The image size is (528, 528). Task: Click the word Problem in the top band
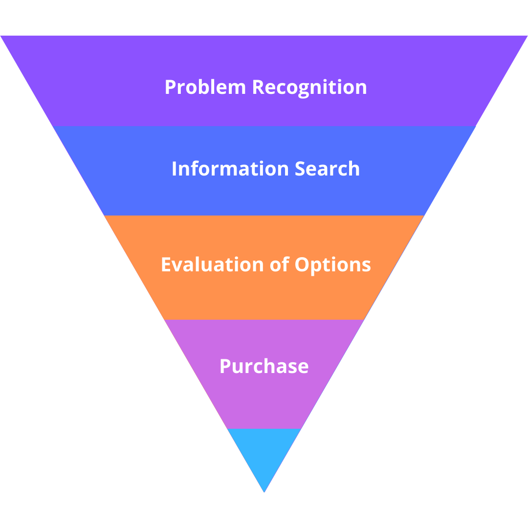[x=205, y=88]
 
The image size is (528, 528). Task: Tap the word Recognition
[x=309, y=88]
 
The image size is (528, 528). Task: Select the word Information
[x=230, y=169]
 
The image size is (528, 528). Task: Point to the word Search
[x=327, y=169]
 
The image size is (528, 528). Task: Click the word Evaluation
[x=212, y=264]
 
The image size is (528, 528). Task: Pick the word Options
[x=332, y=264]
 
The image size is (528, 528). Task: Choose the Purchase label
[x=264, y=366]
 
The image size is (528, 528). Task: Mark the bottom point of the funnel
[x=264, y=491]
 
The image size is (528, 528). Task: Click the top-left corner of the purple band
[x=1, y=37]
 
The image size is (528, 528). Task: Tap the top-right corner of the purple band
[x=527, y=37]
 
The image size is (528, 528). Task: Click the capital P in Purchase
[x=225, y=366]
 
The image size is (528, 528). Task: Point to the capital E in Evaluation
[x=166, y=264]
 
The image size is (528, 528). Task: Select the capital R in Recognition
[x=258, y=88]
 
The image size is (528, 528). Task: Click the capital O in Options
[x=302, y=264]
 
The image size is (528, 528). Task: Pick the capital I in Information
[x=175, y=169]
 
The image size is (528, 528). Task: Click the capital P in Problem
[x=170, y=88]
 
